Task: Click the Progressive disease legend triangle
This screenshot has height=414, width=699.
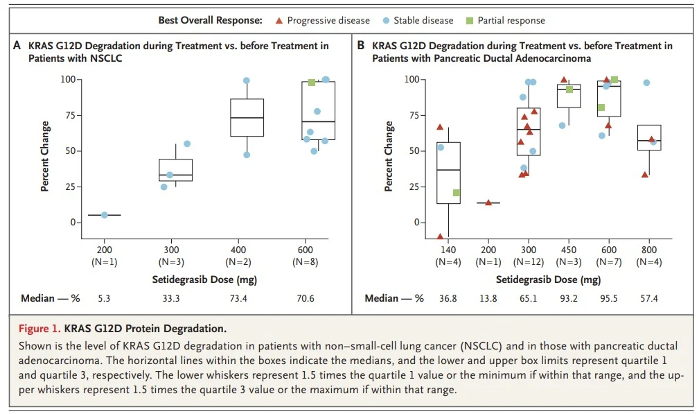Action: (278, 21)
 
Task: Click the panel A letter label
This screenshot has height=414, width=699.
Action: (17, 46)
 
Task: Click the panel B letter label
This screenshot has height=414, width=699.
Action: (360, 46)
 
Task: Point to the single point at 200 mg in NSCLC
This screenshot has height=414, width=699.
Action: (105, 215)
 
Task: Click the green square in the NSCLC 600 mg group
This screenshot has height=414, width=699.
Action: (312, 83)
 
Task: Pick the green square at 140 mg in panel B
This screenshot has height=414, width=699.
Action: (457, 193)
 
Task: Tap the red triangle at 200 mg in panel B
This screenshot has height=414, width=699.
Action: (488, 202)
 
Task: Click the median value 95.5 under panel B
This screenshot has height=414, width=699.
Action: (609, 298)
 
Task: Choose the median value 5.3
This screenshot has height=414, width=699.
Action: (105, 298)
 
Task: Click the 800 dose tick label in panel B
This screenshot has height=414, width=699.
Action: (649, 250)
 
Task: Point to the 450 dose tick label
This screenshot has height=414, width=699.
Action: (569, 250)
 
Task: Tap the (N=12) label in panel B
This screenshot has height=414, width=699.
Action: (529, 262)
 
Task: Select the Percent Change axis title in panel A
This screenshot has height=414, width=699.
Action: (45, 156)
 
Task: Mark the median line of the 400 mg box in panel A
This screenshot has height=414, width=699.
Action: (247, 118)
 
